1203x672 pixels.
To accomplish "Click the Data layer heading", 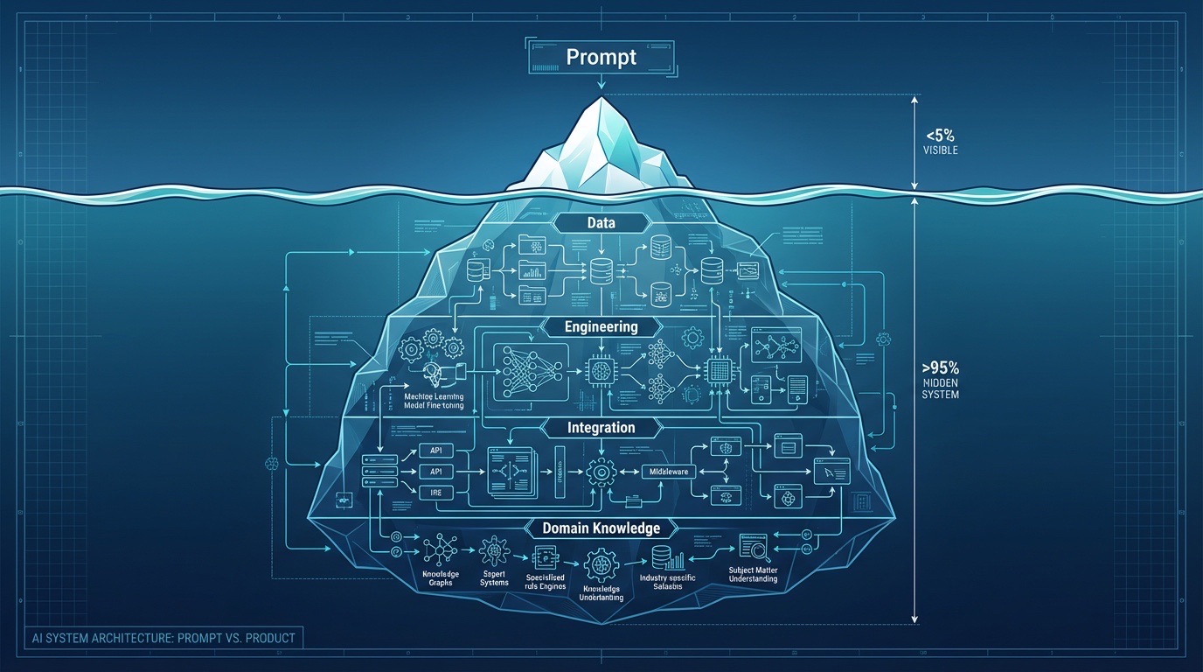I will pos(601,223).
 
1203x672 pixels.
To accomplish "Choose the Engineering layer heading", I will pos(601,326).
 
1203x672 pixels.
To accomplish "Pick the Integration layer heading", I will pos(601,428).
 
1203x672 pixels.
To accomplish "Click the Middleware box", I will pos(667,472).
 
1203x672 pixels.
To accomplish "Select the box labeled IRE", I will pos(435,493).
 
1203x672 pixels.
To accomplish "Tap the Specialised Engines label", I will pos(545,583).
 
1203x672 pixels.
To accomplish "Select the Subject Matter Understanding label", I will pos(753,574).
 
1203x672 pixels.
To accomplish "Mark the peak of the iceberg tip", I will pos(601,98).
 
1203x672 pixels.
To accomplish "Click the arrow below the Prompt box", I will pos(601,82).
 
